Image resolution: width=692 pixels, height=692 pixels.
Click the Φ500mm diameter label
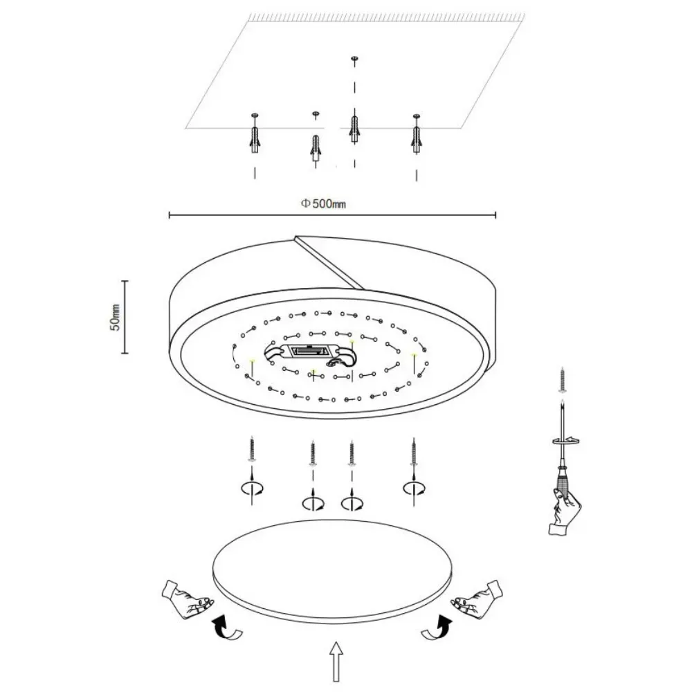tap(323, 203)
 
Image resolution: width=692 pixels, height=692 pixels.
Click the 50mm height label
tap(115, 317)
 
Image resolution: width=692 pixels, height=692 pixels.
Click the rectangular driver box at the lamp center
tap(309, 352)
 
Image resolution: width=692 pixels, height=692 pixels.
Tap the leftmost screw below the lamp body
tap(252, 449)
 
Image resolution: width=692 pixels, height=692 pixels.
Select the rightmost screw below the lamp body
tap(414, 451)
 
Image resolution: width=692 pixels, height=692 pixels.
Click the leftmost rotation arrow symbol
tap(252, 488)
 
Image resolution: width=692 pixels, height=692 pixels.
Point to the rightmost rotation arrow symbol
tap(414, 488)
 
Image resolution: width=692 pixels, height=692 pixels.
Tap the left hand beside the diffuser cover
tap(187, 600)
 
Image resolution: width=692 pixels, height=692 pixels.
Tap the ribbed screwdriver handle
tap(563, 480)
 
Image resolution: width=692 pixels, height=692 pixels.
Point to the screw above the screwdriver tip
tap(562, 379)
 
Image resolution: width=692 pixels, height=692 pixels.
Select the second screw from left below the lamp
tap(313, 453)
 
